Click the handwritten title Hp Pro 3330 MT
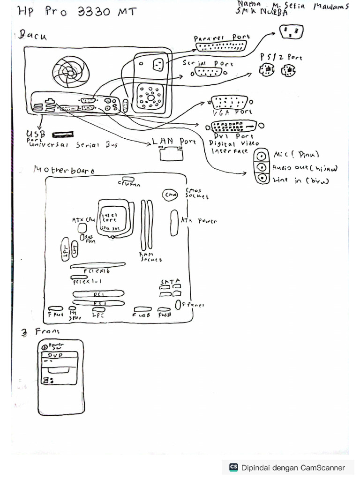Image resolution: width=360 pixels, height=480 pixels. click(x=77, y=12)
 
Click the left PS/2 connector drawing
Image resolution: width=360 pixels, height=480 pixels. click(x=266, y=71)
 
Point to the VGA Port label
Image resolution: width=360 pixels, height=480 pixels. click(x=231, y=112)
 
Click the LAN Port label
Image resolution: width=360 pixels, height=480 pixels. click(x=174, y=141)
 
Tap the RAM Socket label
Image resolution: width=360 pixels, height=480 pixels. click(x=150, y=256)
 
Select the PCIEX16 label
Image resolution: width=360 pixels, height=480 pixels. click(x=97, y=271)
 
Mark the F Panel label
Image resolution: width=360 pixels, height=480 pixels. click(x=193, y=305)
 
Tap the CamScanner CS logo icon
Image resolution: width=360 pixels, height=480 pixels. click(x=233, y=467)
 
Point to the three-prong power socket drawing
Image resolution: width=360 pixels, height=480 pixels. click(x=291, y=32)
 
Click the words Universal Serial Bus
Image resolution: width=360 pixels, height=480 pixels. click(x=72, y=145)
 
